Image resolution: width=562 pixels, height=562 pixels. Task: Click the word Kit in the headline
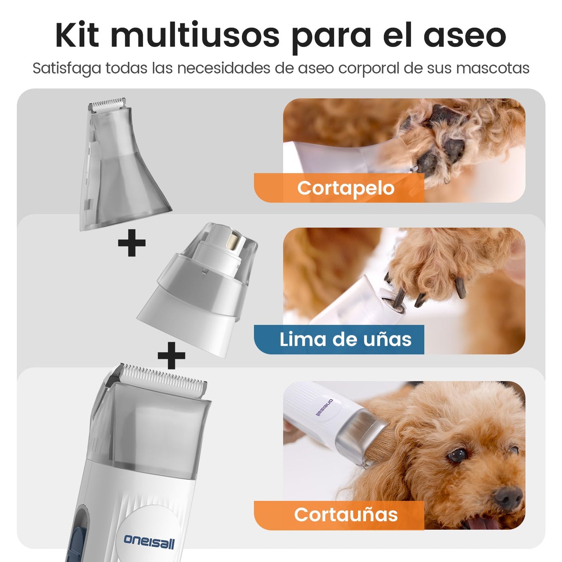pos(77,35)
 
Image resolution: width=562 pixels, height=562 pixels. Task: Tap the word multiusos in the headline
pos(195,35)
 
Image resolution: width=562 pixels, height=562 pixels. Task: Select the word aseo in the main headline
pos(465,38)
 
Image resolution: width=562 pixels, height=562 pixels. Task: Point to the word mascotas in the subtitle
pos(493,68)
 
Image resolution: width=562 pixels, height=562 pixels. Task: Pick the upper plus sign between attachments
pos(131,243)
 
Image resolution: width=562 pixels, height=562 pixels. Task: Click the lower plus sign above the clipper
pos(171,355)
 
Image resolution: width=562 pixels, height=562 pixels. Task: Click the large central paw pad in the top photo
pos(450,149)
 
